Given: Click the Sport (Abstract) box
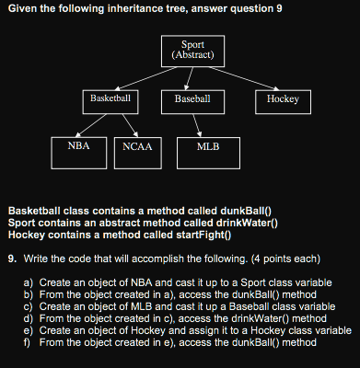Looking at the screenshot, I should pyautogui.click(x=192, y=51).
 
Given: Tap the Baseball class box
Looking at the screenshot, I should pyautogui.click(x=192, y=98).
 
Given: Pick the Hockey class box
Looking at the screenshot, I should pyautogui.click(x=283, y=98).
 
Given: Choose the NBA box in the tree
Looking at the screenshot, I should pyautogui.click(x=78, y=146).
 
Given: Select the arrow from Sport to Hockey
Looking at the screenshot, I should pyautogui.click(x=242, y=79).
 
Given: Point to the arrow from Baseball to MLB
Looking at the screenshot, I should pyautogui.click(x=198, y=122).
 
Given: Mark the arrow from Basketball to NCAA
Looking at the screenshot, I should pyautogui.click(x=126, y=122).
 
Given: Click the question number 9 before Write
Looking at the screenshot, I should pyautogui.click(x=11, y=258).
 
